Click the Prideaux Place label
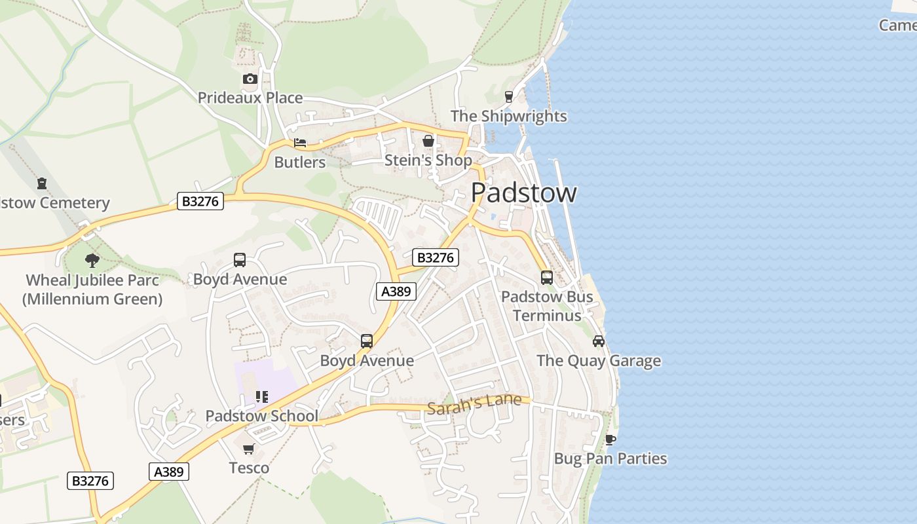click(250, 98)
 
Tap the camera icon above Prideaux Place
click(250, 79)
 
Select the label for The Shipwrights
click(508, 116)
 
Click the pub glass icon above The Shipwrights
click(508, 97)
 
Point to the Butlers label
click(300, 162)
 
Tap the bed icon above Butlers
click(300, 143)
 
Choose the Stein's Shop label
click(428, 160)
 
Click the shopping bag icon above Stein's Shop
click(428, 141)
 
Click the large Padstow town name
click(523, 193)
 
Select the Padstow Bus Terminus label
click(547, 306)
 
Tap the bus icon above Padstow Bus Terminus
click(547, 278)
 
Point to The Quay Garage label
click(599, 360)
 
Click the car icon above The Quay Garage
click(599, 341)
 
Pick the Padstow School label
click(262, 416)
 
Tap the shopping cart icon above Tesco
click(249, 449)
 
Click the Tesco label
click(249, 468)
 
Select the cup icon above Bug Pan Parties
click(610, 440)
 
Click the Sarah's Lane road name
click(474, 404)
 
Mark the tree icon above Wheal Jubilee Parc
click(92, 261)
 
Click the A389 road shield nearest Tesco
click(169, 471)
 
